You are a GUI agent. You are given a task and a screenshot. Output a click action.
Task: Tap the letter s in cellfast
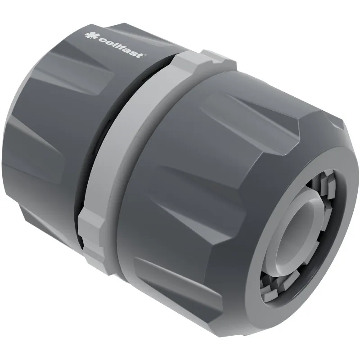click(x=134, y=53)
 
